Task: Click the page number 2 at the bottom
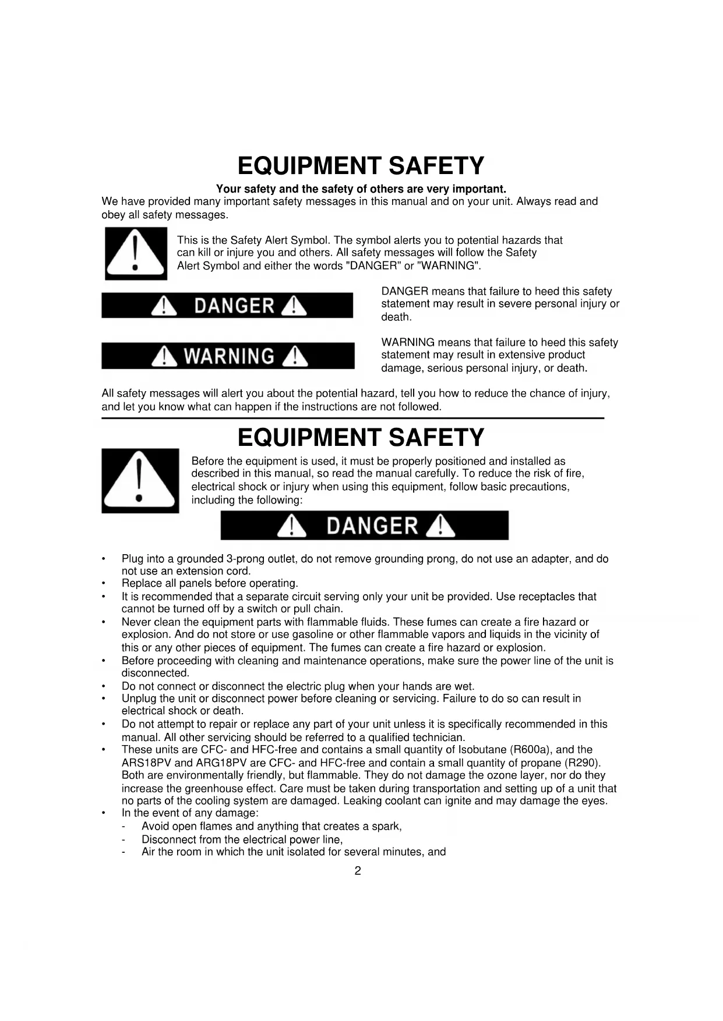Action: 358,871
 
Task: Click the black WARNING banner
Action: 228,356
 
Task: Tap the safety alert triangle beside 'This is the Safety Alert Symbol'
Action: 136,254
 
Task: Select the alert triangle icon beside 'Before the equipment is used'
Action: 140,481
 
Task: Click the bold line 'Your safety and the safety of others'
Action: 361,189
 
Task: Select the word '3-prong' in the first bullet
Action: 245,559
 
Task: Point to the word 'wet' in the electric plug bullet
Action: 464,686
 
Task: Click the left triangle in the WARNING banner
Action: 165,357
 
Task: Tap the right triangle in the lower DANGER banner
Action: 440,526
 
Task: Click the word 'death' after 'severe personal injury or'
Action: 396,317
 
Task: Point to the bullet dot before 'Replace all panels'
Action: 104,583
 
